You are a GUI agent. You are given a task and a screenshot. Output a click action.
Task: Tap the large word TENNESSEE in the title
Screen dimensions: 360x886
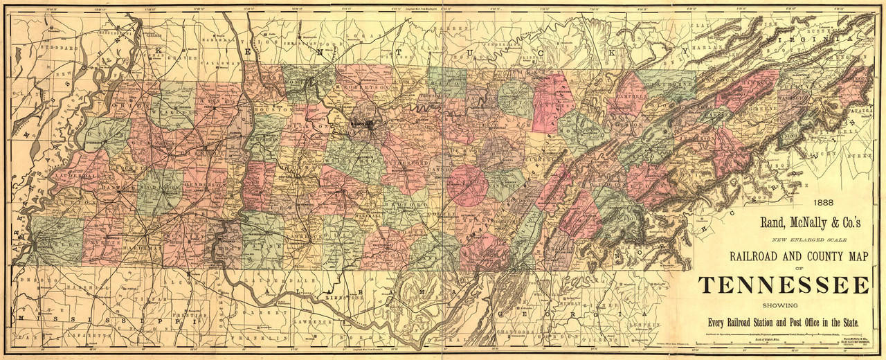783,285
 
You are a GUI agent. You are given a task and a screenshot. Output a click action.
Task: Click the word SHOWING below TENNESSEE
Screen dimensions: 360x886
783,305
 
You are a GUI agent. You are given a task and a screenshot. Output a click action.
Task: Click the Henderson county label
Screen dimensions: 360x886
201,186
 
